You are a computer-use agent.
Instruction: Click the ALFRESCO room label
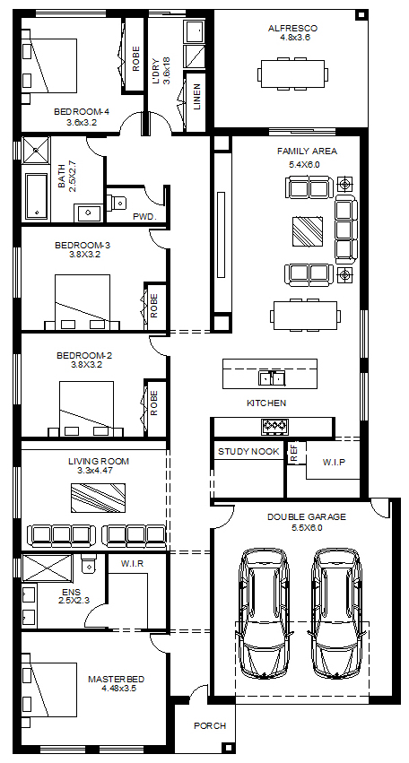coord(292,29)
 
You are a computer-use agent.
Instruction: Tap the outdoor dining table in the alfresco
coord(292,74)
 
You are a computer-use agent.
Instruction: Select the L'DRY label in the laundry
coord(156,72)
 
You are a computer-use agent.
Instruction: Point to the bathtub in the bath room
coord(37,195)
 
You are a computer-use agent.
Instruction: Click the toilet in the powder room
coord(117,201)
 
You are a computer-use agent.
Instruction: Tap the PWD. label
coord(145,217)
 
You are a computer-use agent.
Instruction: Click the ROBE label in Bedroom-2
coord(154,403)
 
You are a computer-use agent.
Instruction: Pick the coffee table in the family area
coord(308,231)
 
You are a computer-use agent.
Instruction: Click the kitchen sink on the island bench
coord(271,377)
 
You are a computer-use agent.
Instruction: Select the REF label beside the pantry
coord(293,452)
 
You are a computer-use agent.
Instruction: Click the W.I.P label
coord(334,462)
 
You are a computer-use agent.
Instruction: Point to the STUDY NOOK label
coord(248,452)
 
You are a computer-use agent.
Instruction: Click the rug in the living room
coord(99,498)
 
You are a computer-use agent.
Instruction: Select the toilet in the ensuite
coord(89,563)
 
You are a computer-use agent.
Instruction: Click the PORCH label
coord(210,725)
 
